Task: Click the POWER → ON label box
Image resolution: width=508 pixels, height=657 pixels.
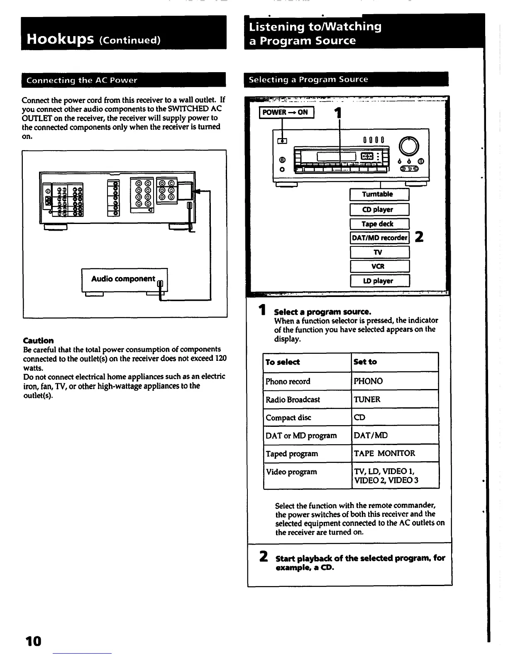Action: point(286,112)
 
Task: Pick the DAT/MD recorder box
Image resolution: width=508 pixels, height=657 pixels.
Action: point(379,238)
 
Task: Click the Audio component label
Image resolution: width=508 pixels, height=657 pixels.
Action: point(124,279)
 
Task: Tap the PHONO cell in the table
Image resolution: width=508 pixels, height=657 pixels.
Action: point(368,381)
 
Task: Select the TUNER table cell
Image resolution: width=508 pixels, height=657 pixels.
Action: point(367,399)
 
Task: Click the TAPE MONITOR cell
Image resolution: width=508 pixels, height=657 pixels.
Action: point(384,453)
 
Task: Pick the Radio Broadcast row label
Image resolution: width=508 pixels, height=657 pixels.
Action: point(293,399)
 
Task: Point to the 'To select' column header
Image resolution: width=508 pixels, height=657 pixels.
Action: point(283,362)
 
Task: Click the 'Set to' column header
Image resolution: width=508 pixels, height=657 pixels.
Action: point(365,362)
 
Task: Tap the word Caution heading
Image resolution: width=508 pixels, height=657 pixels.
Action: point(38,341)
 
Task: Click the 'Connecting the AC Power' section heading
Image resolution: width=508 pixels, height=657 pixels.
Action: point(82,80)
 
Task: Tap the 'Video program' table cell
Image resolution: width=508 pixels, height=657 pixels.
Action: point(291,472)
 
